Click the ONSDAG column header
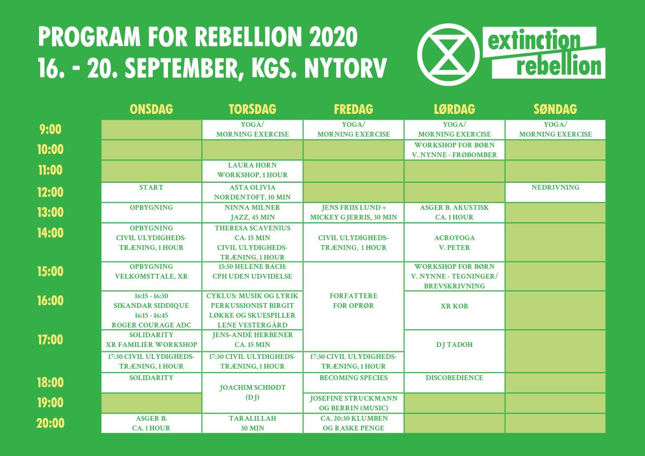point(151,109)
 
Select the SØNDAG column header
point(556,109)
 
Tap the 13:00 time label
point(50,213)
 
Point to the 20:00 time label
point(50,423)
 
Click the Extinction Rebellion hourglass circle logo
point(448,55)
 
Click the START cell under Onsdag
point(151,192)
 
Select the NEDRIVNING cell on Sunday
point(556,192)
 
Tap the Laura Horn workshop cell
point(253,170)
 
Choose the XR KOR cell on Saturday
point(455,310)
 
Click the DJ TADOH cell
point(455,351)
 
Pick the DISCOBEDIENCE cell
point(455,383)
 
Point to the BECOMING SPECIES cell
point(353,383)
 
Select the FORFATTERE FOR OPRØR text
point(353,301)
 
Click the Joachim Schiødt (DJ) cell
point(253,393)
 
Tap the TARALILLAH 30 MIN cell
point(253,423)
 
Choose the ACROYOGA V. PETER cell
point(455,242)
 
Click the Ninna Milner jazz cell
point(253,213)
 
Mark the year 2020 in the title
point(333,37)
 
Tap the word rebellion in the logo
point(559,66)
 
